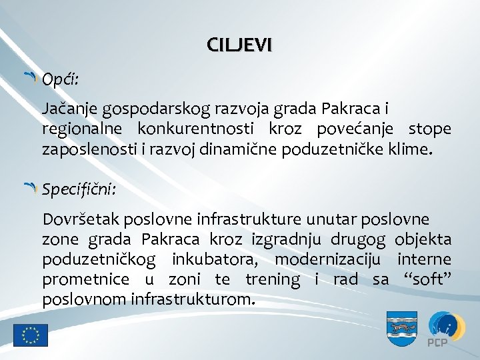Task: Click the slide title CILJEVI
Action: [x=239, y=46]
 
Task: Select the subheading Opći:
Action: [x=60, y=80]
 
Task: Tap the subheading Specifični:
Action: [x=79, y=190]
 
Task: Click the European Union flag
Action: [x=31, y=335]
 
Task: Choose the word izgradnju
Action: [x=288, y=239]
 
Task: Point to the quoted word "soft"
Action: [x=427, y=279]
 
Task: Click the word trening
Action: [x=273, y=279]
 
